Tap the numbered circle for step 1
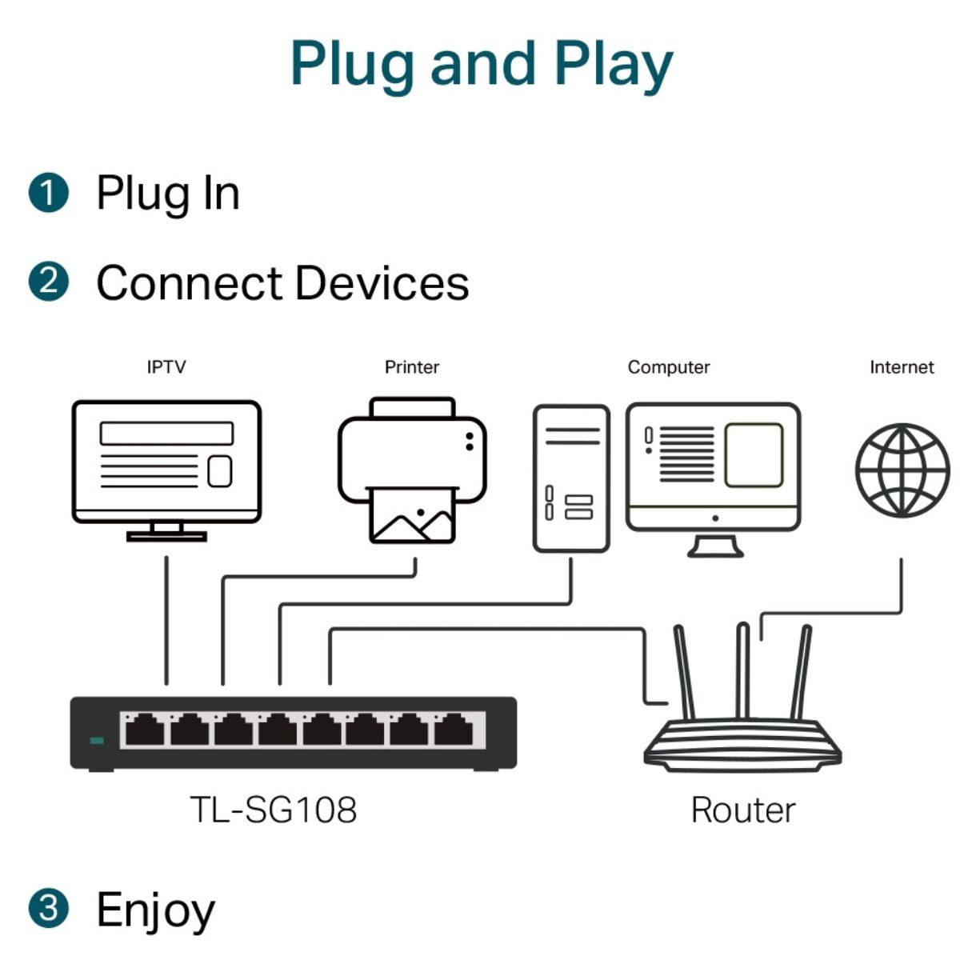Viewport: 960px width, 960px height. click(x=48, y=193)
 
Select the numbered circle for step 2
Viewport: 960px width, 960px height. click(x=48, y=282)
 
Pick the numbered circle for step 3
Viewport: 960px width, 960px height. click(x=48, y=908)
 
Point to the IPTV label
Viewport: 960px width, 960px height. click(x=166, y=367)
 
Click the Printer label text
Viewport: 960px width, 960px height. click(x=412, y=367)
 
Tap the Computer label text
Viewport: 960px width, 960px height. click(x=669, y=368)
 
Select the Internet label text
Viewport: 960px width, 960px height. click(x=902, y=367)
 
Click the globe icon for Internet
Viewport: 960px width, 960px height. click(x=902, y=470)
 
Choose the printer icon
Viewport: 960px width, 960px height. click(x=412, y=470)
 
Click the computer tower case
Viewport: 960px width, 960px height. click(x=571, y=478)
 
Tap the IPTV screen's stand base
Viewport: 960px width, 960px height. click(x=166, y=537)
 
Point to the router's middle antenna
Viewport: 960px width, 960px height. click(x=742, y=671)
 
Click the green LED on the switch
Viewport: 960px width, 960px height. click(x=97, y=740)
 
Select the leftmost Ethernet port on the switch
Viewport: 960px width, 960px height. click(x=145, y=730)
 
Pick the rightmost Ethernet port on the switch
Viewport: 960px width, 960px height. click(x=454, y=730)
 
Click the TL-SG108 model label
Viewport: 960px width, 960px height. click(x=274, y=810)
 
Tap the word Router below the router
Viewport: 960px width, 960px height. click(x=743, y=810)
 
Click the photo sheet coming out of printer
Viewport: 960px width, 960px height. click(x=412, y=515)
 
